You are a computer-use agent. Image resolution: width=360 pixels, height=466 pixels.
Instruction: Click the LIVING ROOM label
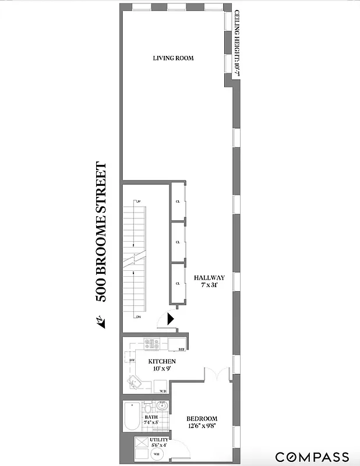[x=173, y=58]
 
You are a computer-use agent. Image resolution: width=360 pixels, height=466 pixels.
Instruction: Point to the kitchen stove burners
[x=153, y=344]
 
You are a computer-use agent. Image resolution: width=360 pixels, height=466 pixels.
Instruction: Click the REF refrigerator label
[x=181, y=349]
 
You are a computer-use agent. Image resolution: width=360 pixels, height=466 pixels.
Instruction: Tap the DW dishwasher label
[x=132, y=361]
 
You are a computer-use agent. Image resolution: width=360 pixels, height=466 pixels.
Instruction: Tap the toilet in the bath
[x=148, y=425]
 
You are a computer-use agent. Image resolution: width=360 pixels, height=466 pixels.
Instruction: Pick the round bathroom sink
[x=163, y=407]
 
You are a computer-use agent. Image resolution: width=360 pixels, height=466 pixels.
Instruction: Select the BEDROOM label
[x=202, y=419]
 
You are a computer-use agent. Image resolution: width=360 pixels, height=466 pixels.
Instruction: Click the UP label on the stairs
[x=138, y=202]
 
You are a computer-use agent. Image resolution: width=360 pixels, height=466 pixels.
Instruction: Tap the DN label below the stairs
[x=138, y=317]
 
